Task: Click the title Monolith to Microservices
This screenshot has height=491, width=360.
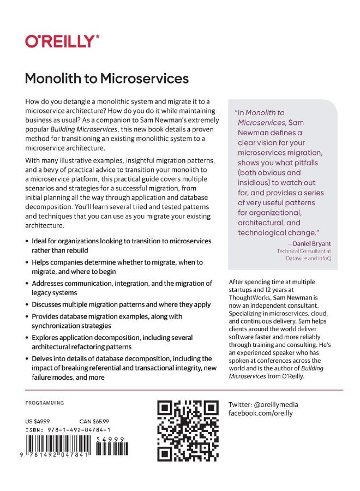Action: coord(107,79)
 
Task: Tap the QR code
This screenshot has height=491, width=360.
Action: coord(188,431)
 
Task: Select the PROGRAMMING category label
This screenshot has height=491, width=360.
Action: coord(45,403)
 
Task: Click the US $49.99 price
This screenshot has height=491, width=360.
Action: coord(38,421)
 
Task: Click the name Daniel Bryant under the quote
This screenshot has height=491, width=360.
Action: coord(313,243)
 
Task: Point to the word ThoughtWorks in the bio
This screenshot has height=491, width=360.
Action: coord(250,299)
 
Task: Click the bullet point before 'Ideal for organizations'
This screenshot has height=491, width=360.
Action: coord(28,241)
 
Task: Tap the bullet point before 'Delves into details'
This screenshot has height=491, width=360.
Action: coord(28,359)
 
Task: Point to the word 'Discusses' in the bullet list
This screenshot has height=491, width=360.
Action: coord(49,304)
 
